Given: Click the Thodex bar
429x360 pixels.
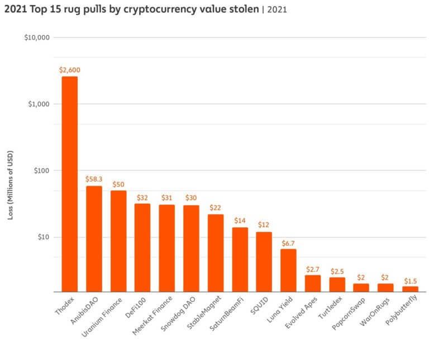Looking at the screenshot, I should [69, 184].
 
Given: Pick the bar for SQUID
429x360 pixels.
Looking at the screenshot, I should [264, 262].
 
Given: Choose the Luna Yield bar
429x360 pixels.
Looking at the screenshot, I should [288, 270].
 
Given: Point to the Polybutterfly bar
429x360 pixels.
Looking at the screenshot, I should [410, 289].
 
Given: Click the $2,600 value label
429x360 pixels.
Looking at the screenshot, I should [69, 70].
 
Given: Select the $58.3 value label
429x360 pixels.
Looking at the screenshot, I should [94, 179].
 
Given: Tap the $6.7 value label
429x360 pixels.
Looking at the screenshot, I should [288, 243].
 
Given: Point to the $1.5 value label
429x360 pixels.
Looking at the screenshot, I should [410, 280].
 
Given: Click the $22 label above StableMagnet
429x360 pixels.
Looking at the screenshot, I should [216, 208].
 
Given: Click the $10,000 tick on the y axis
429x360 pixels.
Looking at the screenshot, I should [37, 38].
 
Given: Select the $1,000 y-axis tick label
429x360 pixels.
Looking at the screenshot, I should [39, 104].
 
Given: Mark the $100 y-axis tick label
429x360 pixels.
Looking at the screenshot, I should [41, 171].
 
